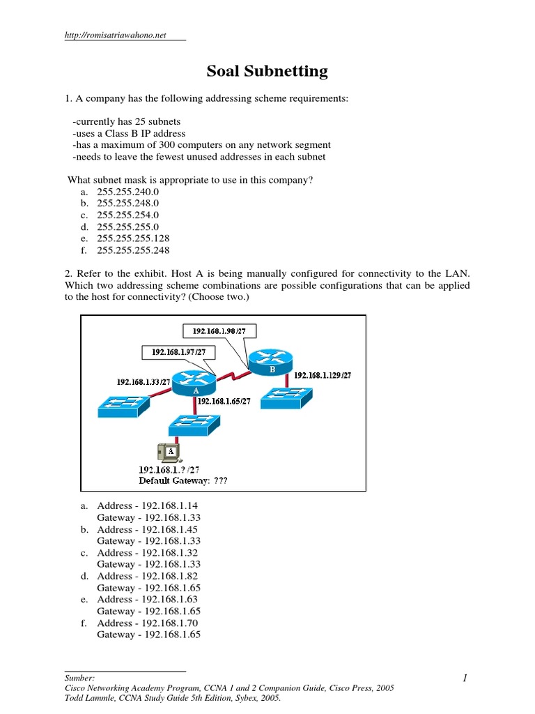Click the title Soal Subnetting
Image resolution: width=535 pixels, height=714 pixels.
tap(267, 71)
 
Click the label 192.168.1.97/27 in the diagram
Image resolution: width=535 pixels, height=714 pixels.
tap(178, 352)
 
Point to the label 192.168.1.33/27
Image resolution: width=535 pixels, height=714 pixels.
tap(144, 381)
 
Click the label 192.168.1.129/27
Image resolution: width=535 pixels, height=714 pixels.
tap(323, 374)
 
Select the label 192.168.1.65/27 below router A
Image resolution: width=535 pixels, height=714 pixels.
tap(226, 402)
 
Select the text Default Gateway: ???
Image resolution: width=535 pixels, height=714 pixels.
tap(183, 480)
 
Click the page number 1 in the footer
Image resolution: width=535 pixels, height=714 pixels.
tap(463, 678)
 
